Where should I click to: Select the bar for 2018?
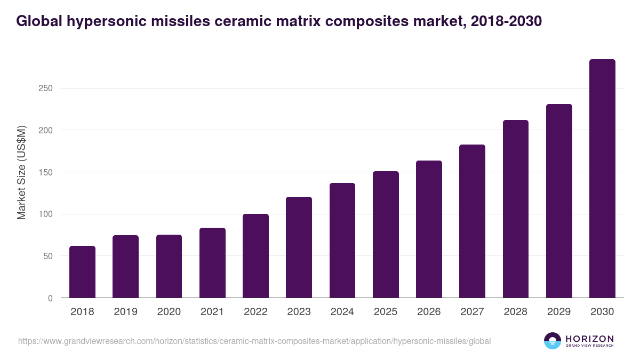(82, 272)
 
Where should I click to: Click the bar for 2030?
(602, 179)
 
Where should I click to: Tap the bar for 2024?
(342, 241)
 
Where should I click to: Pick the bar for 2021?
(212, 263)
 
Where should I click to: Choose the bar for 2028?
(515, 209)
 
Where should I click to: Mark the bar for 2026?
(429, 229)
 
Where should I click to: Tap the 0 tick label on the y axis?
(50, 299)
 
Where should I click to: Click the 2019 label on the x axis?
(125, 312)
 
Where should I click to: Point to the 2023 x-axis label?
(299, 312)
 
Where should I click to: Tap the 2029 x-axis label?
(558, 312)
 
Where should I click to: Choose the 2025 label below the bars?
(386, 312)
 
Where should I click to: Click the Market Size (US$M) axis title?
(21, 172)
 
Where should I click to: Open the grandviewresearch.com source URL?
(254, 341)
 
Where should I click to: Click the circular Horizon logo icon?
(553, 341)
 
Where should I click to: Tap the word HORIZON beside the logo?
(589, 338)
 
